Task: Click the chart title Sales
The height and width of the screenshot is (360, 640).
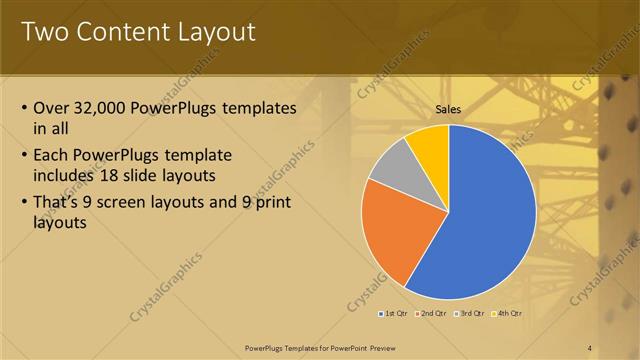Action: click(x=448, y=111)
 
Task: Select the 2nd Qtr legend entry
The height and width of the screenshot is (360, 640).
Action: click(x=431, y=314)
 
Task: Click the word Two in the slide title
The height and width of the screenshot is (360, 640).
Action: click(x=42, y=32)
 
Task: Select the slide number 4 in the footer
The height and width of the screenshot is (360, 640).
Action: click(x=590, y=347)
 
